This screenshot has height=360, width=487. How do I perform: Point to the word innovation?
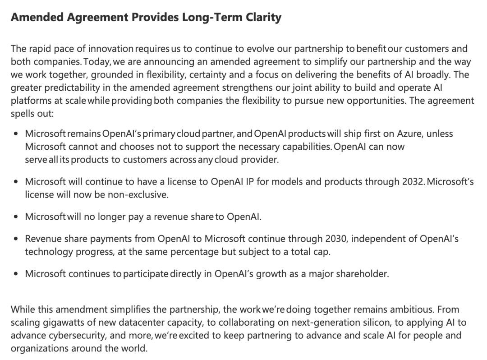(111, 49)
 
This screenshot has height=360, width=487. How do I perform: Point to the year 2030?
(335, 239)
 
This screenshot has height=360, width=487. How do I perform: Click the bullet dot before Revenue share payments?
(16, 239)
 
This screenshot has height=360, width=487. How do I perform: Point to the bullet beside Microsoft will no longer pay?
(16, 217)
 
